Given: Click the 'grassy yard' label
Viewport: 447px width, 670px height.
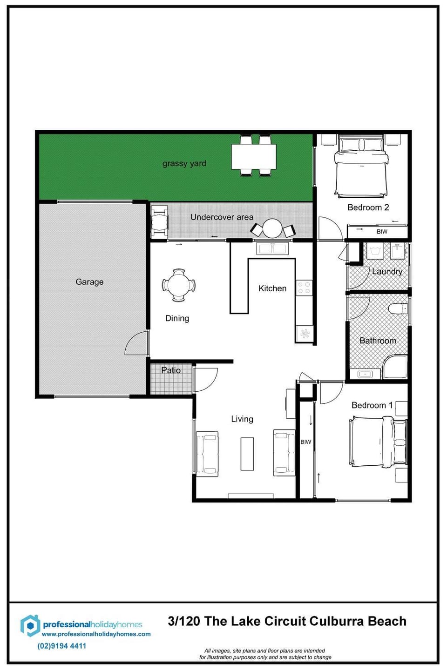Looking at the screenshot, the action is point(184,164).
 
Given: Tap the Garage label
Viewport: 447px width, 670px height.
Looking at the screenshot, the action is point(89,282).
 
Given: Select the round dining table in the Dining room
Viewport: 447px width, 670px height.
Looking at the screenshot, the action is point(179,285).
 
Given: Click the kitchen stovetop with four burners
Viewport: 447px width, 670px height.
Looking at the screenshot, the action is point(304,288).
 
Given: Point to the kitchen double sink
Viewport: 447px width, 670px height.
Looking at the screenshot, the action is point(272,248).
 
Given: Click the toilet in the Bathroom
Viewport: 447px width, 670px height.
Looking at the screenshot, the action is point(398,308).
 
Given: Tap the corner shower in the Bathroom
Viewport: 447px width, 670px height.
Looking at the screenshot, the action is point(395,367).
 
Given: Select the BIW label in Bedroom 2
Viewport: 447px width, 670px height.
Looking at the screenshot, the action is point(382,232).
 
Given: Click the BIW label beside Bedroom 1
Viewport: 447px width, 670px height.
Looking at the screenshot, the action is point(306,442).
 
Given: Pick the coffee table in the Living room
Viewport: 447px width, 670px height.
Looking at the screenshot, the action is point(247,454).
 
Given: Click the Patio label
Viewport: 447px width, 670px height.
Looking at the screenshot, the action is point(171,370).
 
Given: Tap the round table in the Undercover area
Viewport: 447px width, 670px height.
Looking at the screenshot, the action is point(272,228).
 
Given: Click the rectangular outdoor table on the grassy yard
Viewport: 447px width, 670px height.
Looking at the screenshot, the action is point(254,157).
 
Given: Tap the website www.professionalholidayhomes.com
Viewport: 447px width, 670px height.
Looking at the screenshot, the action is point(96,634).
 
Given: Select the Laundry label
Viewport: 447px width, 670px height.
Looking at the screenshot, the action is point(387,272).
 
